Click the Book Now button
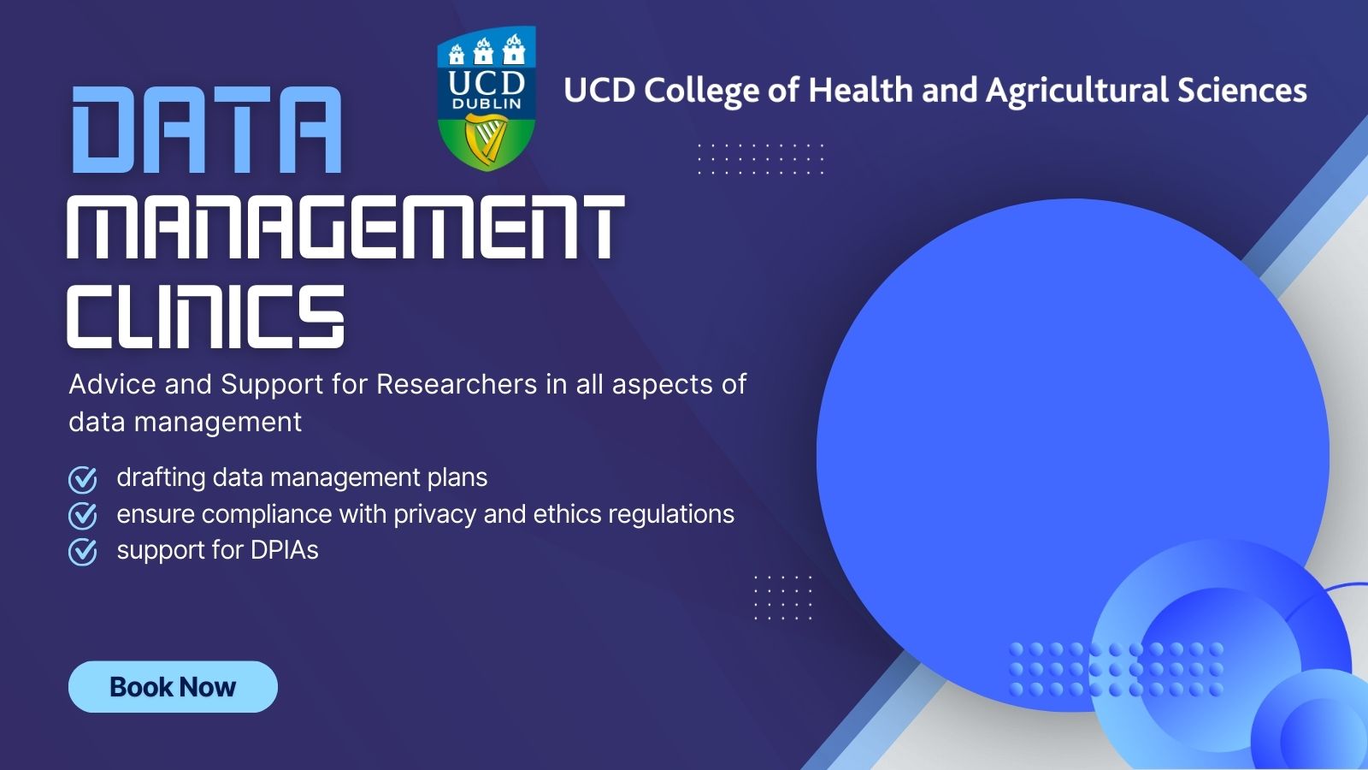pos(173,687)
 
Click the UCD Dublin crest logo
pos(486,98)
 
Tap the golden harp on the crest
pos(486,139)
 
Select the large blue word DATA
pos(206,130)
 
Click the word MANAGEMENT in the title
pos(345,227)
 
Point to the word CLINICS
pos(206,317)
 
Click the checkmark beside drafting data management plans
pos(83,479)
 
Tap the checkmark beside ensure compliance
pos(83,516)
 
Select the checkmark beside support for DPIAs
pos(83,552)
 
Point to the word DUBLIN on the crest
pos(486,104)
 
